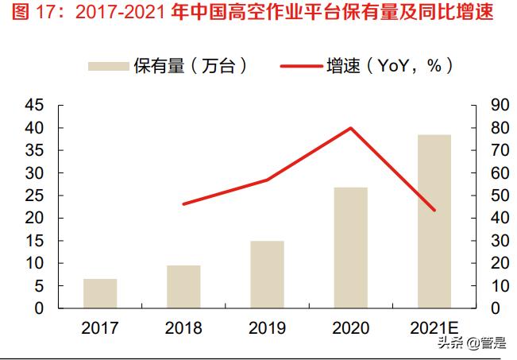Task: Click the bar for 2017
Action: (100, 293)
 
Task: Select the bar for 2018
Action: (183, 286)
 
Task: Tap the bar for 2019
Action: (267, 274)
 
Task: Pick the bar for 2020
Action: (351, 247)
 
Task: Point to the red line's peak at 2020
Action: (351, 128)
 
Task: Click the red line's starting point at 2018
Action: (183, 204)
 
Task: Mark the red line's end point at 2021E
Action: (434, 210)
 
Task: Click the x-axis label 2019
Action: (267, 328)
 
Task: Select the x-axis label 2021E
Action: (434, 328)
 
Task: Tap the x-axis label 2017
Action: (100, 328)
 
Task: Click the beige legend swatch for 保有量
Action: (107, 67)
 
